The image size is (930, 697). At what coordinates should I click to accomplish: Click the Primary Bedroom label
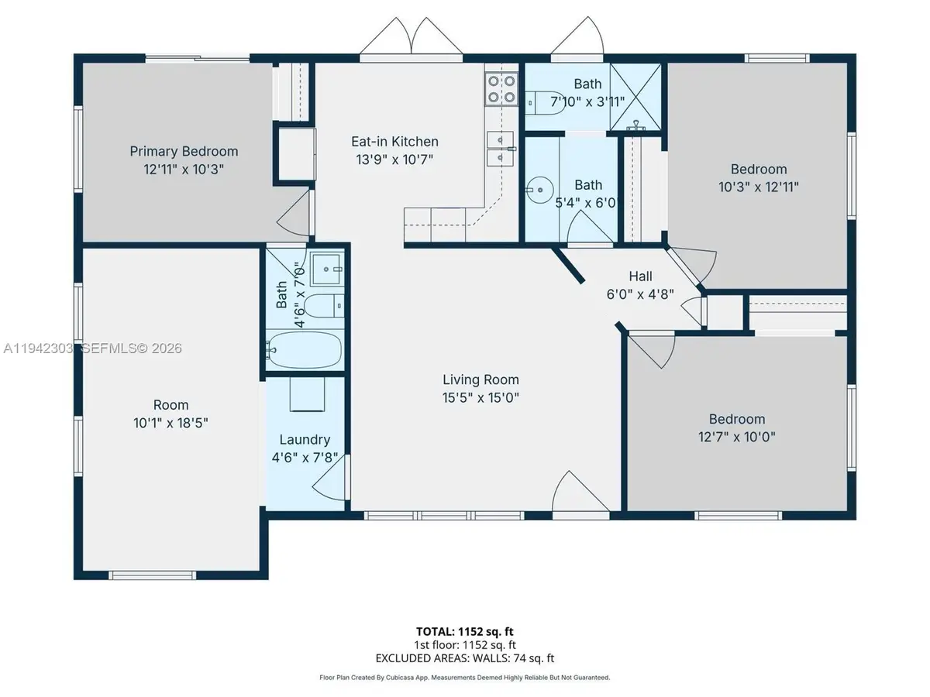pos(184,151)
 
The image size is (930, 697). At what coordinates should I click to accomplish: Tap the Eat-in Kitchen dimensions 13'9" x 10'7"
pos(394,160)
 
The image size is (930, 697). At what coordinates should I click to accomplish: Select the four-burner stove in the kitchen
pos(501,88)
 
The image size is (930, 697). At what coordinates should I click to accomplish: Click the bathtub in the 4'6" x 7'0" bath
pos(305,350)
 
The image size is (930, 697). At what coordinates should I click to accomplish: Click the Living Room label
pos(480,379)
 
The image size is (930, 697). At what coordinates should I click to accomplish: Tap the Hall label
pos(640,276)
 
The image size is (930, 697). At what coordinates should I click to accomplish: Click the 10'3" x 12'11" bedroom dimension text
pos(758,186)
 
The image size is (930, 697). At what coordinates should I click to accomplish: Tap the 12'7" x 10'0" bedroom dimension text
pos(736,436)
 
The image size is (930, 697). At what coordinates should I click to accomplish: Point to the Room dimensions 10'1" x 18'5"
pos(170,423)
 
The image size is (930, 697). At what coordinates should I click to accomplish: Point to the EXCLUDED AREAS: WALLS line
pos(465,658)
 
